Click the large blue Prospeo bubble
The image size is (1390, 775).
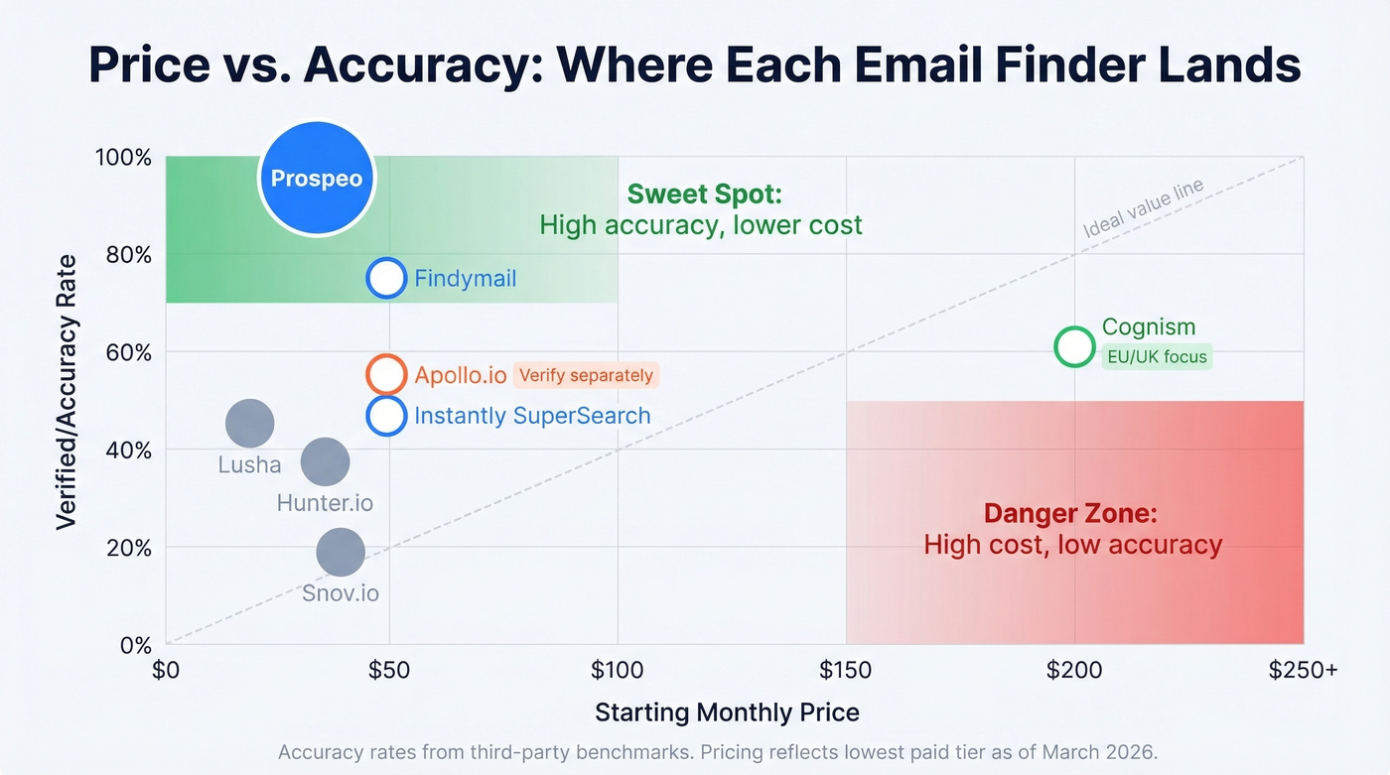click(x=317, y=179)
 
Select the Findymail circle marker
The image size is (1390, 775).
click(x=386, y=278)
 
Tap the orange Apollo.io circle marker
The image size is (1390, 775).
click(x=386, y=375)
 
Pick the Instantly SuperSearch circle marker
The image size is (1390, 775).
click(x=386, y=415)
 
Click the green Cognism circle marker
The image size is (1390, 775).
click(x=1074, y=347)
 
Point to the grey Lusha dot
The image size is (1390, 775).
click(x=249, y=423)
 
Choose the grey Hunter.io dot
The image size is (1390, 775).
click(x=325, y=460)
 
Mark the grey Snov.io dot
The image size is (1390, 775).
click(x=341, y=552)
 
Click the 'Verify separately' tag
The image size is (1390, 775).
click(x=586, y=375)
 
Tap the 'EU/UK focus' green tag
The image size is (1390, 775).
click(x=1157, y=356)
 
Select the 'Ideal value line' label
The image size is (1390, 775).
click(x=1143, y=207)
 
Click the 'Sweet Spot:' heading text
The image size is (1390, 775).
click(x=705, y=194)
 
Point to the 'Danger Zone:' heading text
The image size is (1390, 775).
click(x=1071, y=513)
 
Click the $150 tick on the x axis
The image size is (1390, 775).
click(x=845, y=670)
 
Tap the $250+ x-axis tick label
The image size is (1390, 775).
click(x=1304, y=670)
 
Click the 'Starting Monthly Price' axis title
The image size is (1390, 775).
click(x=727, y=711)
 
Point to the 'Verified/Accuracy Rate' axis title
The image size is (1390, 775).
click(x=67, y=392)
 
